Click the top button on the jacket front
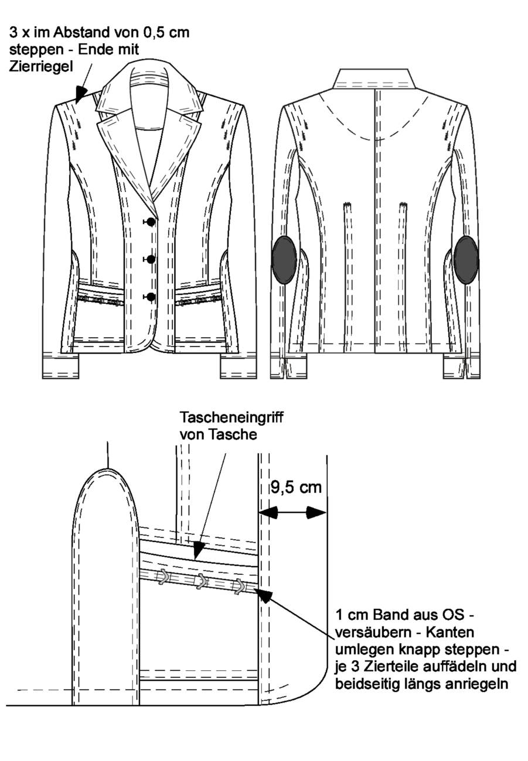pyautogui.click(x=151, y=222)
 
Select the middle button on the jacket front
pyautogui.click(x=151, y=259)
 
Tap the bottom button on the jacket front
pyautogui.click(x=151, y=297)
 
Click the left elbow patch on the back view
pyautogui.click(x=284, y=260)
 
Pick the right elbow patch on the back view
pyautogui.click(x=466, y=260)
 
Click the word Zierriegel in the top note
pyautogui.click(x=41, y=67)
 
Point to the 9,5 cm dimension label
pyautogui.click(x=296, y=488)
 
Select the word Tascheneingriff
pyautogui.click(x=231, y=417)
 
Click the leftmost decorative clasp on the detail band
pyautogui.click(x=163, y=577)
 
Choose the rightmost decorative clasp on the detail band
pyautogui.click(x=239, y=587)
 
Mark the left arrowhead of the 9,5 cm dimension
pyautogui.click(x=268, y=512)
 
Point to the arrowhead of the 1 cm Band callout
pyautogui.click(x=264, y=594)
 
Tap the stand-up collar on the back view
pyautogui.click(x=374, y=79)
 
